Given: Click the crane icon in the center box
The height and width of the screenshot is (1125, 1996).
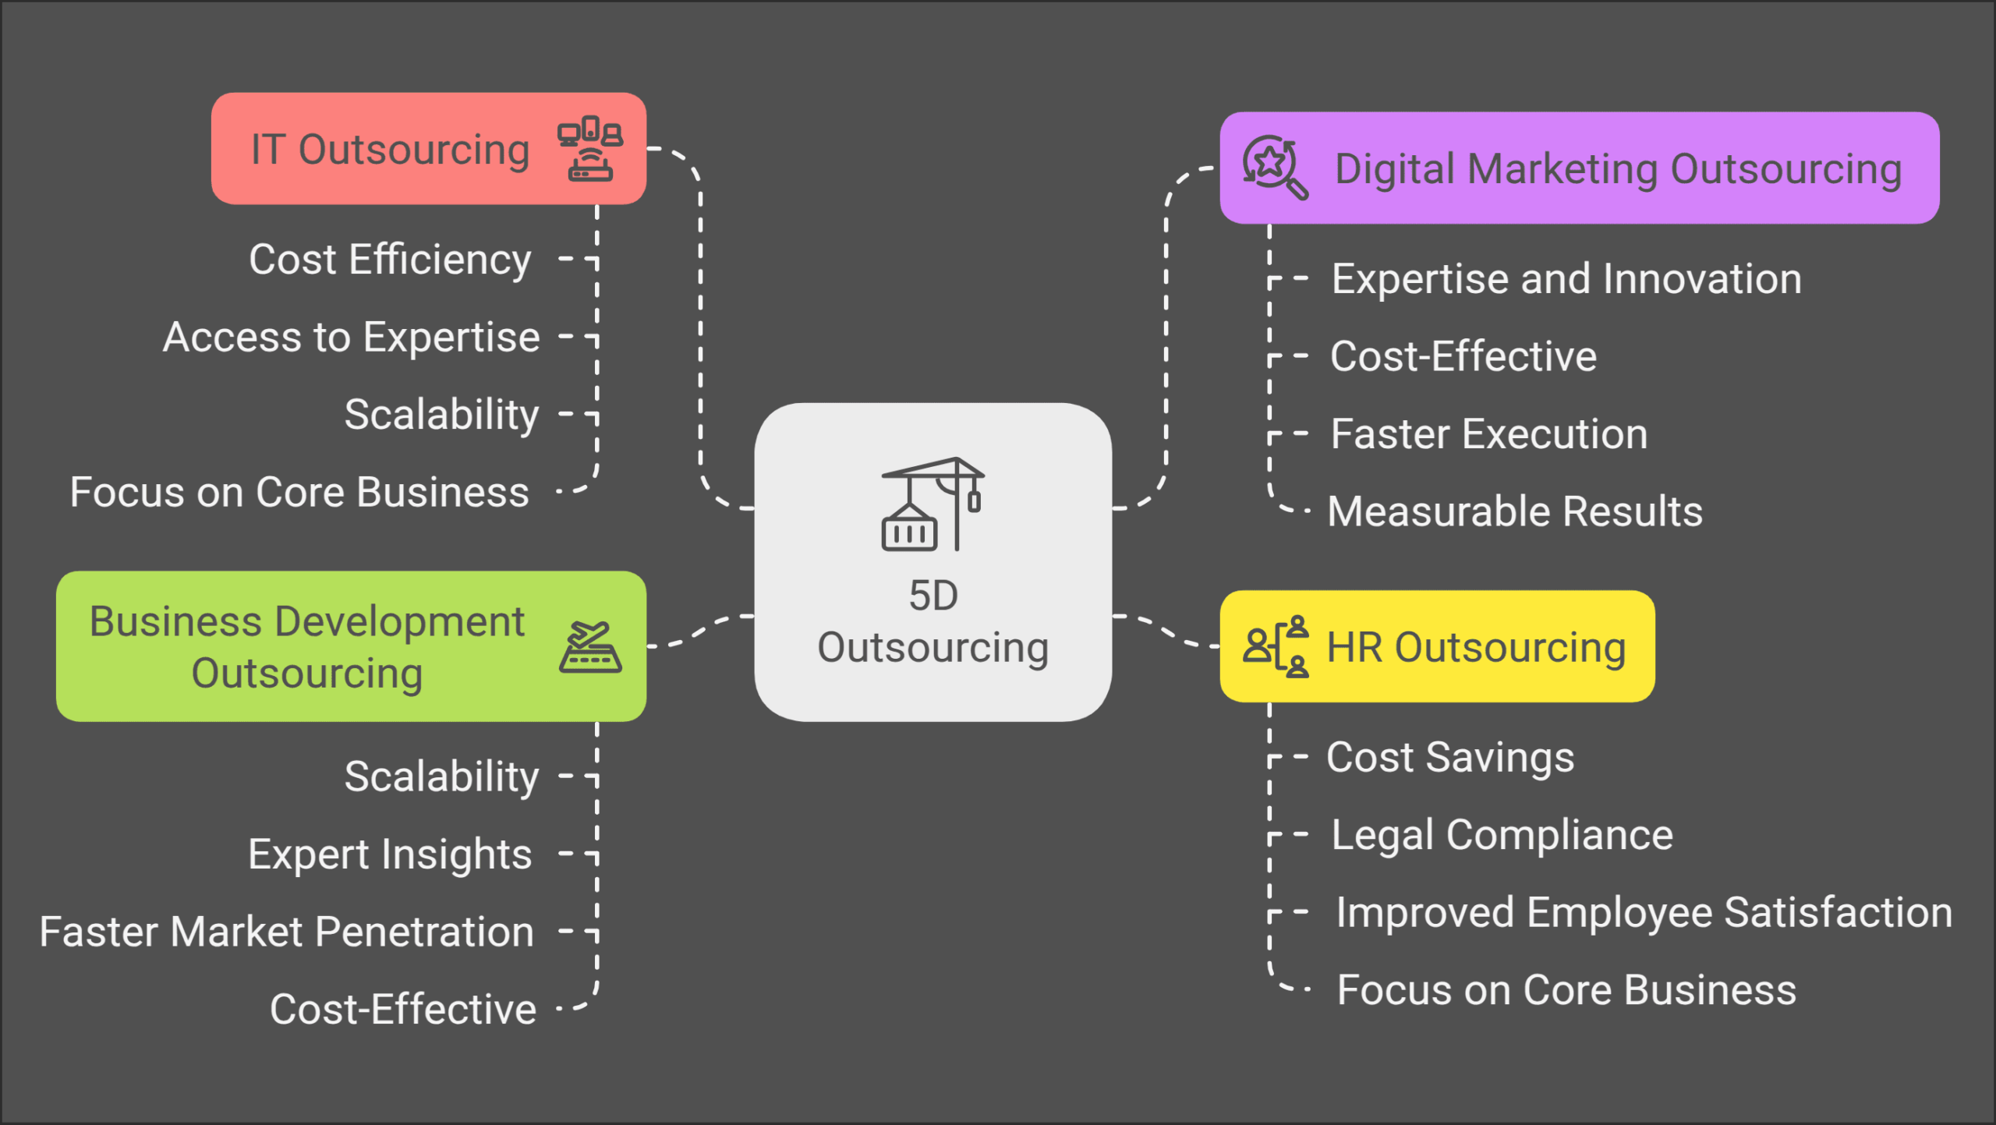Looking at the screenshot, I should [933, 504].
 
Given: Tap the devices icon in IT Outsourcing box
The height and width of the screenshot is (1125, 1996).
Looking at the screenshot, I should [589, 148].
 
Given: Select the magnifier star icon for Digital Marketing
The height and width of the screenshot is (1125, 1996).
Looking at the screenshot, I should [1274, 167].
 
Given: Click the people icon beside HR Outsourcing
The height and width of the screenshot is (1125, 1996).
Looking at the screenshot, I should [1276, 646].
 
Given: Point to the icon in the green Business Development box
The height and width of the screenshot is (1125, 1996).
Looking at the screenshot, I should [589, 646].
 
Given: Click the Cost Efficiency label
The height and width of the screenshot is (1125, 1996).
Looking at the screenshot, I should [390, 260].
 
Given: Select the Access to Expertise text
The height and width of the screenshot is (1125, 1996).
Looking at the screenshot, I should [351, 338].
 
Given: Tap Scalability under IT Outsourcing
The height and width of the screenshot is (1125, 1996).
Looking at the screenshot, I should [441, 415].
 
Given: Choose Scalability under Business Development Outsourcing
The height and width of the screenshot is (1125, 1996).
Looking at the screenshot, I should [441, 777].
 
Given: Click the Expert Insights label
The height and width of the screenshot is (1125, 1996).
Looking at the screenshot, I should [390, 854].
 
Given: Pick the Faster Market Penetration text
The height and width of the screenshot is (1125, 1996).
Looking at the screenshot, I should [286, 932].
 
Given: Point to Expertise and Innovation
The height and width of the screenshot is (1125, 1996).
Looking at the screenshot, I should [1566, 279].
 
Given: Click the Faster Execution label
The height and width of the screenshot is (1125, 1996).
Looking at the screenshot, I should [1489, 434].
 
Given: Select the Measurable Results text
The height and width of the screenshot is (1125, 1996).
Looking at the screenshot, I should [1515, 511].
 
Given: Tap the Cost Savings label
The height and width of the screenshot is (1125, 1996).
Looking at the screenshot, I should [1450, 757].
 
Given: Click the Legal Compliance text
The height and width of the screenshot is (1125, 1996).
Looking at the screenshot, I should [1502, 835].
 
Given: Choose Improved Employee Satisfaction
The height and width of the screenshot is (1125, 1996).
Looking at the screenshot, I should [1644, 912].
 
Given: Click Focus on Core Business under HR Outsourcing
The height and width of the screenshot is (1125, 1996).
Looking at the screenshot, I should [1566, 990].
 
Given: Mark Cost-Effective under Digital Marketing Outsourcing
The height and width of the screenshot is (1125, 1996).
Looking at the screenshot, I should [1463, 356].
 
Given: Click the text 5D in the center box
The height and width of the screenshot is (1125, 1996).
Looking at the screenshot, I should [933, 596].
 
